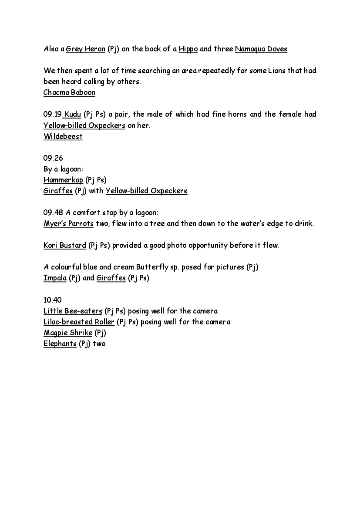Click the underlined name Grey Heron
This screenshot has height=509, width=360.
point(86,49)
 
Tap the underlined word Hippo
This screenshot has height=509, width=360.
point(188,49)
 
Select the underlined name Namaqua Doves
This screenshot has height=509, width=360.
point(261,49)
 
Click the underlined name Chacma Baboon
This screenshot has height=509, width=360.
point(69,93)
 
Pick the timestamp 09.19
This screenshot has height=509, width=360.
point(52,115)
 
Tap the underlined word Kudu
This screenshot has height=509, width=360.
point(73,115)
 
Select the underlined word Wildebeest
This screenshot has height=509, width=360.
point(63,137)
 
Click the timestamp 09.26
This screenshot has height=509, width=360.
point(53,158)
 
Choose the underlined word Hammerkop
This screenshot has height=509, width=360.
point(63,180)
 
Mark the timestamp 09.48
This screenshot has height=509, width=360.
point(53,213)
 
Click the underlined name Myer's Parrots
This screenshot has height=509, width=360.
point(68,224)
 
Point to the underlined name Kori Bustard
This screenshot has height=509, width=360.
point(65,246)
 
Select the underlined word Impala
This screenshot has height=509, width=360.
point(55,278)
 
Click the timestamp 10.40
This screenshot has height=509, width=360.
point(53,300)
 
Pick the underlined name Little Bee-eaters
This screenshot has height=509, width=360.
point(73,311)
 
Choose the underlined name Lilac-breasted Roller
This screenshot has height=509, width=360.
point(79,322)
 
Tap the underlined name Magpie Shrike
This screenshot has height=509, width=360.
point(68,333)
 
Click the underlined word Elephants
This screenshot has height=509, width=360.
point(60,344)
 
